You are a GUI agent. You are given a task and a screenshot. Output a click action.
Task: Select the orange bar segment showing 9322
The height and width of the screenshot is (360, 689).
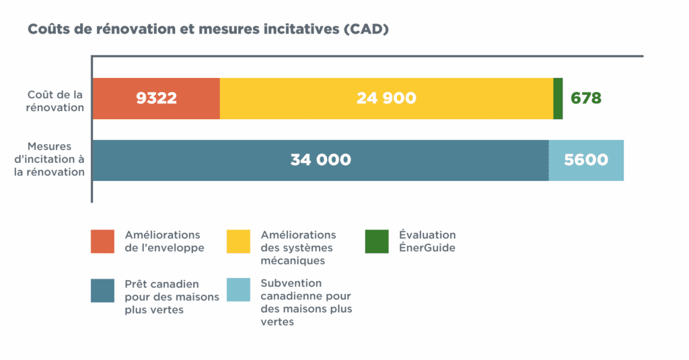click(156, 98)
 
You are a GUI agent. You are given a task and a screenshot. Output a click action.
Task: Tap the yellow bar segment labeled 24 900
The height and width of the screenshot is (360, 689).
click(386, 98)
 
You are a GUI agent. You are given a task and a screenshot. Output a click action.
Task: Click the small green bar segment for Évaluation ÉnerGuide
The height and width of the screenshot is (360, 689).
click(558, 98)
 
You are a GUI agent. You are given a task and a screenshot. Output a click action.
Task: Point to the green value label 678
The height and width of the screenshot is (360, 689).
click(585, 98)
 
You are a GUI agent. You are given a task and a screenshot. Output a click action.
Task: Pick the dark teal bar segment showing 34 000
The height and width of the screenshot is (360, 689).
click(320, 160)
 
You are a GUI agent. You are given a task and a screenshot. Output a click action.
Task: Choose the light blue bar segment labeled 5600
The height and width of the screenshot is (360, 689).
click(586, 160)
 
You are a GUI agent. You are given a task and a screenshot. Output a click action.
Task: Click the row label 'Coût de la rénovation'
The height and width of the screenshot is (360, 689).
click(55, 101)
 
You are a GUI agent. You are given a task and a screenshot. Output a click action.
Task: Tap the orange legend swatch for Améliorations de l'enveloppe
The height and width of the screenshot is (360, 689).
click(102, 242)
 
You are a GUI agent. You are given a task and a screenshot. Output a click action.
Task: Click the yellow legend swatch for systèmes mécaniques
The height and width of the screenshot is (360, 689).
click(238, 242)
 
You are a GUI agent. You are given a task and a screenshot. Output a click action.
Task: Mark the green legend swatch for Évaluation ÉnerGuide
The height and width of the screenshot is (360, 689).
click(377, 242)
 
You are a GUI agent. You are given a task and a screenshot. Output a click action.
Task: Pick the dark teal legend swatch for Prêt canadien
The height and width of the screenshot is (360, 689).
click(102, 290)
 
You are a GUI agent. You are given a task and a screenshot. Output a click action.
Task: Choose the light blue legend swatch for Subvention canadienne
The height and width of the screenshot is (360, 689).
click(238, 290)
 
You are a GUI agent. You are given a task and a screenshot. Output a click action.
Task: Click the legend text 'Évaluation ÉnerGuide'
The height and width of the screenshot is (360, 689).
click(427, 241)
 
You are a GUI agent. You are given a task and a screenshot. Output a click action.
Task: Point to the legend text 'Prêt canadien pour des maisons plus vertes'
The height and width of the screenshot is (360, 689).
click(161, 297)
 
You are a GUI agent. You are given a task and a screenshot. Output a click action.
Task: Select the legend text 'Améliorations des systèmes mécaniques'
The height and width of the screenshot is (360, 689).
click(297, 247)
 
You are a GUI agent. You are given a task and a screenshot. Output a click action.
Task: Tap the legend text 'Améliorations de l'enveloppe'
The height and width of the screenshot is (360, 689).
click(164, 241)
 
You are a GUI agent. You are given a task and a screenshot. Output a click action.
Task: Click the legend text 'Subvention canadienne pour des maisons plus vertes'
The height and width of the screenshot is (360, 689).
click(305, 302)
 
